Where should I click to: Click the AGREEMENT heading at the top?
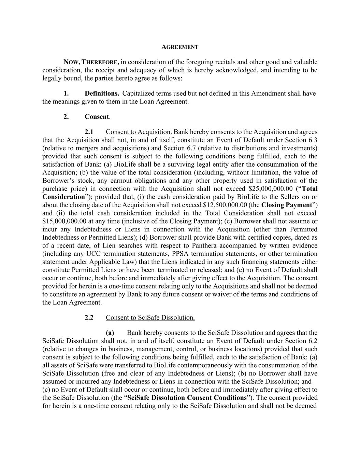(x=179, y=47)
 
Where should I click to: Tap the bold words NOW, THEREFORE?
(x=91, y=62)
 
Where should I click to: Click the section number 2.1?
(x=89, y=132)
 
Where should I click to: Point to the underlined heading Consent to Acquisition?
(x=139, y=132)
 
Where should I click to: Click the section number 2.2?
(x=89, y=317)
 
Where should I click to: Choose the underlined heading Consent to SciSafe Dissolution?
(x=150, y=317)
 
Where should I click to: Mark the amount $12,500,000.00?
(x=225, y=205)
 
